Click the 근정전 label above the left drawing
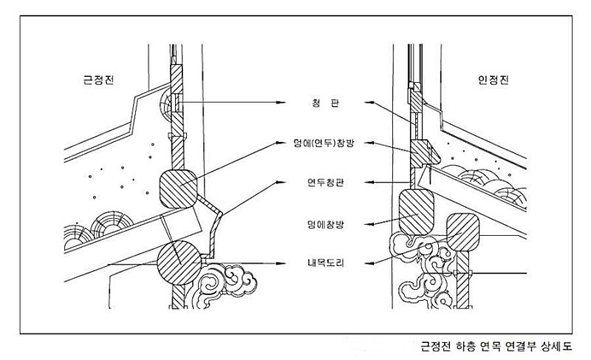98,79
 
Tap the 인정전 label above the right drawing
493,79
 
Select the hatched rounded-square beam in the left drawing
178,188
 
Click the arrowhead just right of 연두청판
371,181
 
